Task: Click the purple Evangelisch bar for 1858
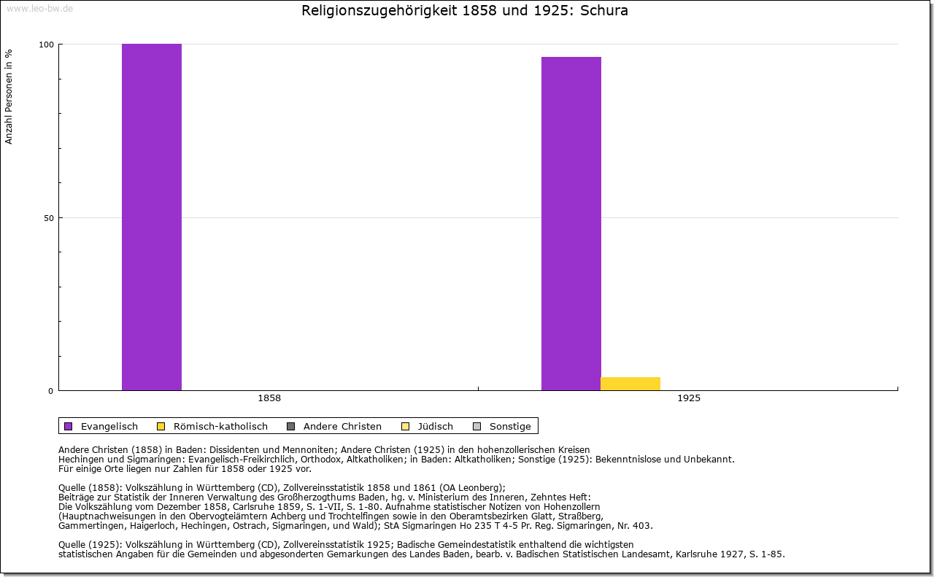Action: (152, 217)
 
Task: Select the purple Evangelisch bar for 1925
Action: (571, 223)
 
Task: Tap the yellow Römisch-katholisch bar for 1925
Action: (630, 384)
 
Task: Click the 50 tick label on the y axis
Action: (48, 218)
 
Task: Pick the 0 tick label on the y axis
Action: (50, 391)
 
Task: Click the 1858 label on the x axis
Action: (269, 398)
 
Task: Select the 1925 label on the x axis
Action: (689, 398)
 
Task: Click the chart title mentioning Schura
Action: (465, 11)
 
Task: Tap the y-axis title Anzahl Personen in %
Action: (9, 96)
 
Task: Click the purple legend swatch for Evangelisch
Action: (69, 426)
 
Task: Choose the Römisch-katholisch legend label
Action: (220, 426)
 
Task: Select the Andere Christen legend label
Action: (342, 426)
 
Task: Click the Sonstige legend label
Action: (510, 426)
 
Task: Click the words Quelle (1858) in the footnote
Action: (90, 488)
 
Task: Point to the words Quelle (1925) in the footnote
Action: (90, 544)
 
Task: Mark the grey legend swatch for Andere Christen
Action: (290, 426)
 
